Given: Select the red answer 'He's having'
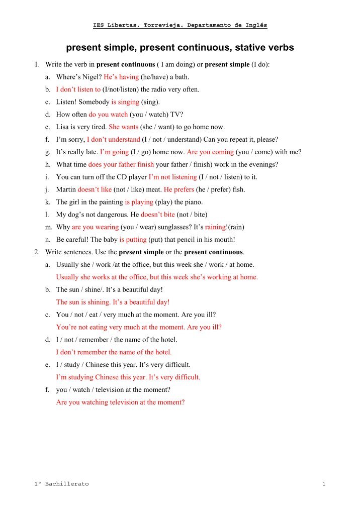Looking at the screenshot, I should coord(121,77).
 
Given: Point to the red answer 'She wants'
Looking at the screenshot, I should coord(123,127).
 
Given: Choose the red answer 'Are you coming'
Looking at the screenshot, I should coord(210,152).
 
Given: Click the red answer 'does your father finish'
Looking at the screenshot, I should coord(121,164).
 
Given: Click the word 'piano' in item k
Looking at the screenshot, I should coord(194,202).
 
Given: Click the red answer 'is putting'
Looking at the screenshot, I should coord(133,240).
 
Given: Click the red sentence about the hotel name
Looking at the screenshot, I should coord(114,352).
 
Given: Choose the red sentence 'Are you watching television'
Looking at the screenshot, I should coord(120,402).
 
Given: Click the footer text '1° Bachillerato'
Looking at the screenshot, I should coord(61,484).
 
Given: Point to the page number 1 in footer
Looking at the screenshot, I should coord(324,484).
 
